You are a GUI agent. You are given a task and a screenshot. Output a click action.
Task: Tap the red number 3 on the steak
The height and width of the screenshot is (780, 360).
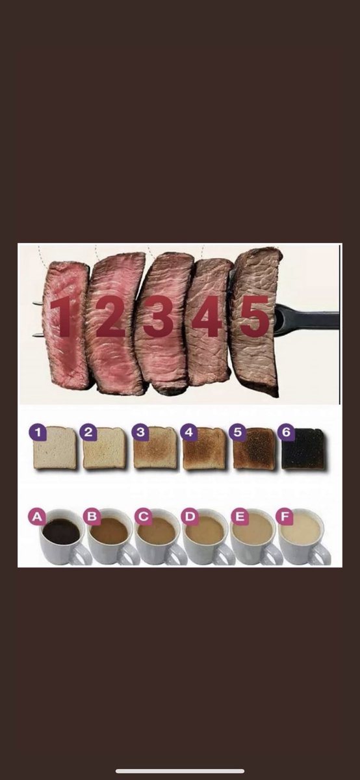pos(159,317)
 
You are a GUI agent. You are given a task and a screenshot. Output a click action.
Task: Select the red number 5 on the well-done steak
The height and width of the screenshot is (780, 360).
pos(255,317)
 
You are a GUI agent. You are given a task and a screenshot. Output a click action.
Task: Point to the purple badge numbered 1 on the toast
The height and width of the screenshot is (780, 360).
pos(38,433)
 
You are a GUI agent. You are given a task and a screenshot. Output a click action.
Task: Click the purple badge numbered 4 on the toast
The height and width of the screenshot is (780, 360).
pos(188,432)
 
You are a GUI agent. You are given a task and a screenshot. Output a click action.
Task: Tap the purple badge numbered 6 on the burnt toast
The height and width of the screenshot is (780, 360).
pos(286,432)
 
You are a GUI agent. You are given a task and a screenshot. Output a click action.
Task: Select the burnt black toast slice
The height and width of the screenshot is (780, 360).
pos(303,449)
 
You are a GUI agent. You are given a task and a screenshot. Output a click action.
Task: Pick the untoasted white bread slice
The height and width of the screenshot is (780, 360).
pos(55,448)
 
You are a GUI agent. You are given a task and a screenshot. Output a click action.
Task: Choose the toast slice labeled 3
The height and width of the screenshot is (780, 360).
pos(155,448)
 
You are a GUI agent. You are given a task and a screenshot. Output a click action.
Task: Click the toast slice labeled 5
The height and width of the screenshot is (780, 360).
pos(254,448)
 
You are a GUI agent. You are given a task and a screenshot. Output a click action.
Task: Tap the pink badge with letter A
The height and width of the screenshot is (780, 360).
pos(37,517)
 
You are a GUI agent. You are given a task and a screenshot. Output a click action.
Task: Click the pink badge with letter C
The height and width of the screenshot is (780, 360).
pos(143,517)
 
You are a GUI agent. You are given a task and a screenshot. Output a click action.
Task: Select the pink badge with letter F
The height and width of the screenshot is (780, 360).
pos(285,517)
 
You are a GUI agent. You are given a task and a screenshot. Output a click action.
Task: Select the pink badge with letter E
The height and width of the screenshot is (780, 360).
pos(240,517)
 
